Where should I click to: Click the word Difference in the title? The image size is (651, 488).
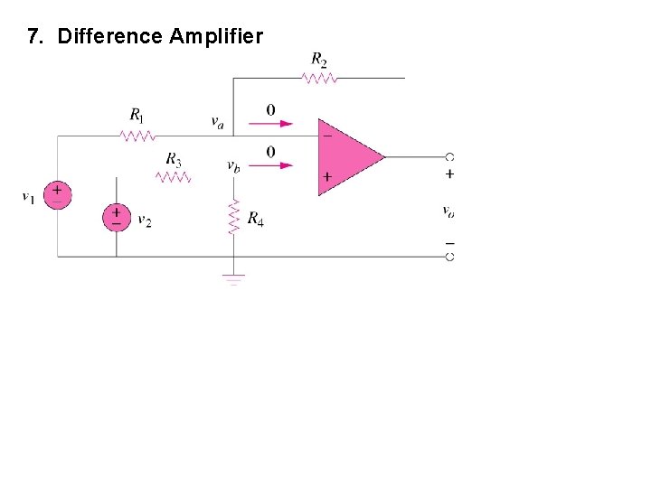pos(110,37)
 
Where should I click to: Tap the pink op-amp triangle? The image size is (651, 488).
pos(348,156)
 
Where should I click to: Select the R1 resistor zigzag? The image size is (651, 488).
pos(137,136)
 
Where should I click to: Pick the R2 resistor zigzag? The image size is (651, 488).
pos(319,79)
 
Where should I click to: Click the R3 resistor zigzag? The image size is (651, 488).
pos(174,177)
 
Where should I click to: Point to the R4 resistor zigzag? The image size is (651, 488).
pos(234,217)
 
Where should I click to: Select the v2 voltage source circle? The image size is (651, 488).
pos(116,217)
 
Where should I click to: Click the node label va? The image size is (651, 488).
pos(218,123)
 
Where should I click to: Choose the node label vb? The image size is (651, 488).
pos(233,166)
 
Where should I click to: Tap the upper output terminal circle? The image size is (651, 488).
pos(449,157)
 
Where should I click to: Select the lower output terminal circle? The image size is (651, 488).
pos(449,257)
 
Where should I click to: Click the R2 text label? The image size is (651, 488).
pos(319,60)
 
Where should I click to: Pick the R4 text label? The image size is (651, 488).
pos(256,219)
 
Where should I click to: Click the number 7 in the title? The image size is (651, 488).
pos(33,37)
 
